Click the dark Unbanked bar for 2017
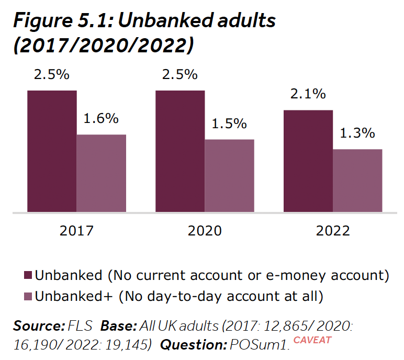(52, 151)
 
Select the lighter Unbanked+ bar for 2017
(102, 173)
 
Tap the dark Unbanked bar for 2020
(179, 151)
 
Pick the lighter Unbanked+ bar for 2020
(229, 176)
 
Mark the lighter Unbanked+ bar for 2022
(357, 181)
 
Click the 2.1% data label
(308, 94)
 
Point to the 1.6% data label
(101, 119)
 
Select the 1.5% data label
(229, 123)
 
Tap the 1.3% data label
(357, 133)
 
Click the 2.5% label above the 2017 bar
(52, 74)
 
